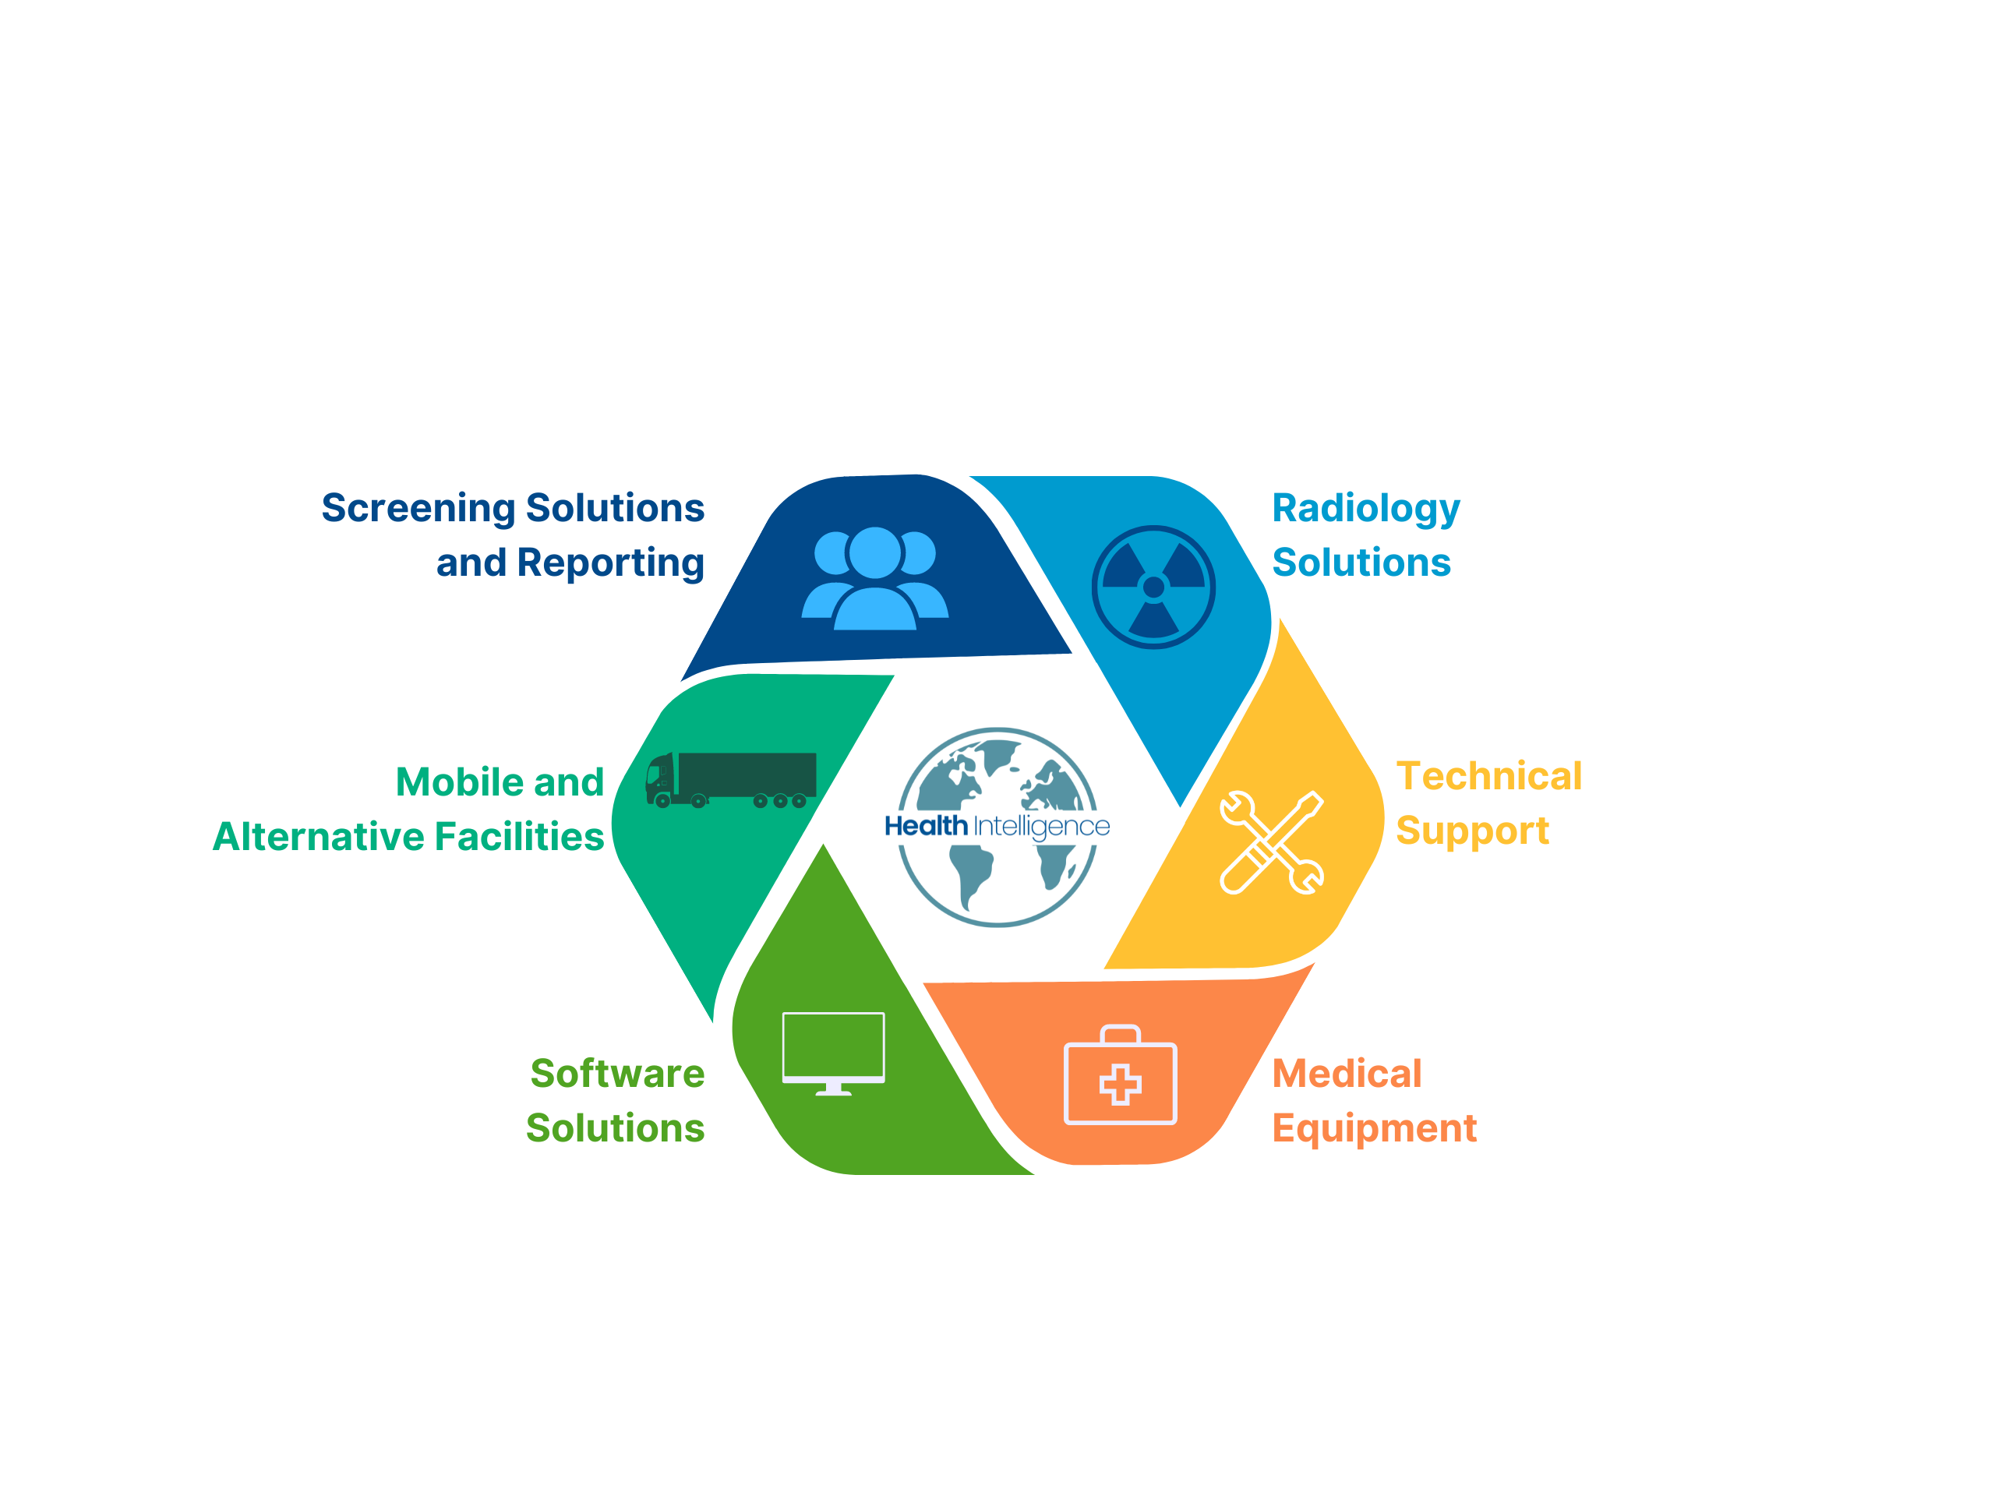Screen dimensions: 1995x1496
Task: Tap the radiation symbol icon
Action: coord(1153,587)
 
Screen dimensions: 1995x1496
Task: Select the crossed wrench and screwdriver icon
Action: coord(1272,842)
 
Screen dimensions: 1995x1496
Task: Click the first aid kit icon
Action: coord(1120,1075)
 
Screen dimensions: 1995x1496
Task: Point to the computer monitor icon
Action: coord(833,1053)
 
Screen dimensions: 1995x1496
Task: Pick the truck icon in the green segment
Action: coord(730,780)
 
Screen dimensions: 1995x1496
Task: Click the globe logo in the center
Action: coord(997,827)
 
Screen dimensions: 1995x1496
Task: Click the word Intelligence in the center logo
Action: coord(1042,827)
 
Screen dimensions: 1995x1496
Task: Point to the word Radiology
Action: coord(1365,510)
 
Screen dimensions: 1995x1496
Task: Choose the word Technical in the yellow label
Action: coord(1489,776)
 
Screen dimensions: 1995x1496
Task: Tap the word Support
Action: coord(1472,831)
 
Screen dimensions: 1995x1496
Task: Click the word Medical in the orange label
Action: coord(1347,1074)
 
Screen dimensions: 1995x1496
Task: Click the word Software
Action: coord(617,1074)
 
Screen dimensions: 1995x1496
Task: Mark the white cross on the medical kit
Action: coord(1120,1084)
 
